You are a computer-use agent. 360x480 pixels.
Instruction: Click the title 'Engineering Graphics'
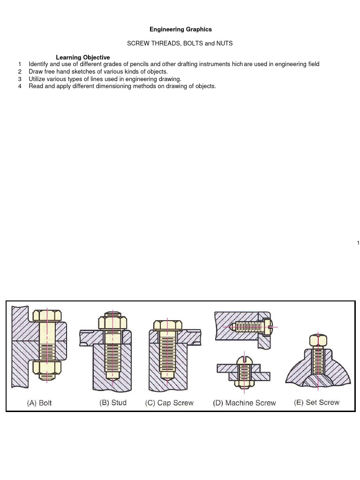180,29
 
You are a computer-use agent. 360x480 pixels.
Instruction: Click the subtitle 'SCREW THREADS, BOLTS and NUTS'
180,43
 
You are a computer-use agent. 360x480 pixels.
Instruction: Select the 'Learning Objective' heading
82,57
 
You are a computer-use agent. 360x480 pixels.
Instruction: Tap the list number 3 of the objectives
20,79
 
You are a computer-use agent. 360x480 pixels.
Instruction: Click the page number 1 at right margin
358,243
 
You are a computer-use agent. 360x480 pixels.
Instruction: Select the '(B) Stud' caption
113,403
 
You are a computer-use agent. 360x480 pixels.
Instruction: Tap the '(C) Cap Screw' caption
169,403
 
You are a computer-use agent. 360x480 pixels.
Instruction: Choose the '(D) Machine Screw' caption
245,403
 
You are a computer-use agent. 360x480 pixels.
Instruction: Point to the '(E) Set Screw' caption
316,402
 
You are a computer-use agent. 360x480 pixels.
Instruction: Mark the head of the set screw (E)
318,340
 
